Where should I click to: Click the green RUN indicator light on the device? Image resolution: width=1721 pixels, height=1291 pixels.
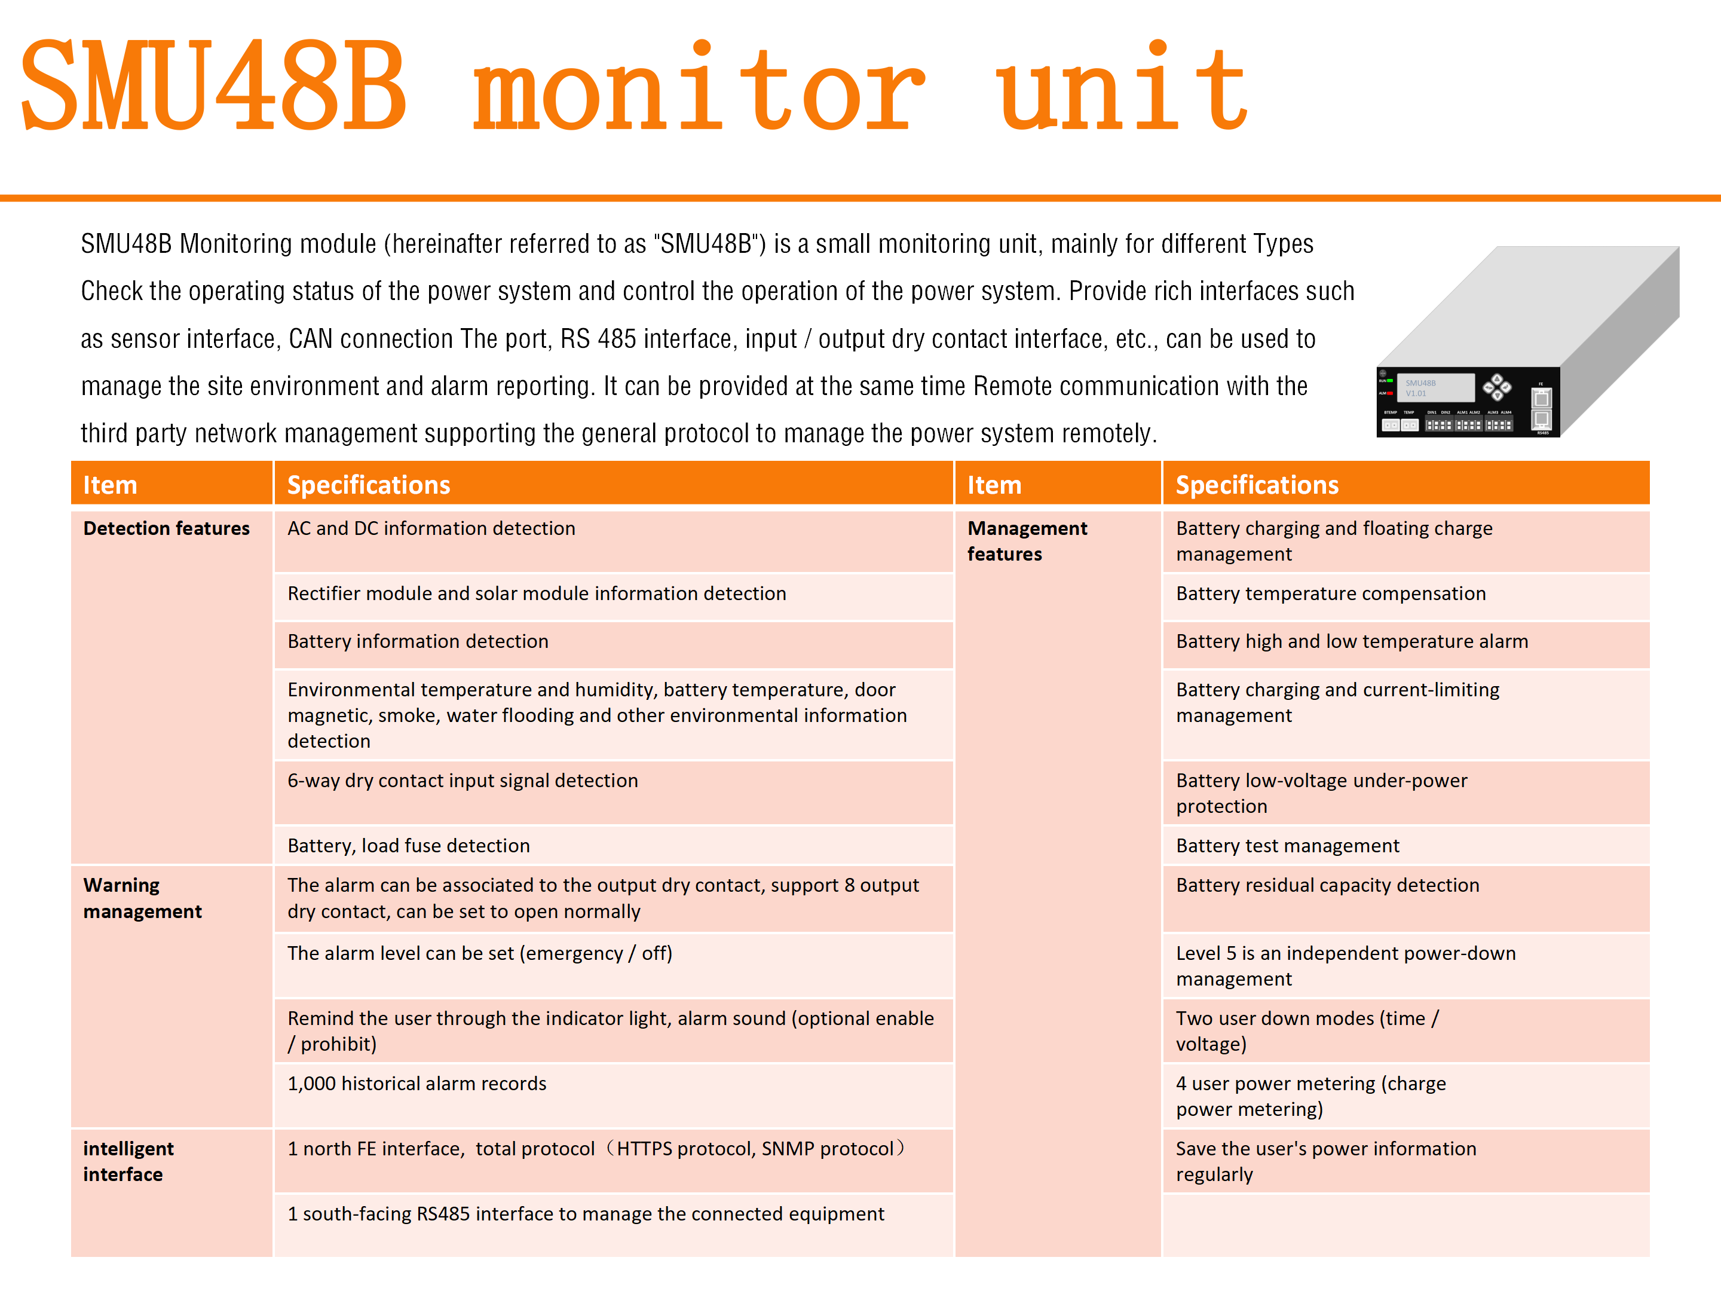pos(1389,381)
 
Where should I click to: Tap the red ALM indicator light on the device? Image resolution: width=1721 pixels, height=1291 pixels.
pos(1389,393)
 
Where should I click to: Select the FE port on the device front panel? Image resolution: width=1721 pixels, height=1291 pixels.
pos(1541,399)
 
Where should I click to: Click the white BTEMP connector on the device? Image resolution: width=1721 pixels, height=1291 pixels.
pos(1391,425)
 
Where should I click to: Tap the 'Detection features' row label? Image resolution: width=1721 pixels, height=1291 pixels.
pos(167,528)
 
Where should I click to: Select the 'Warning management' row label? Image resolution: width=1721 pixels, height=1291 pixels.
pos(142,898)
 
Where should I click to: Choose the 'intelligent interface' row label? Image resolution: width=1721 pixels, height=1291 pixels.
pos(128,1161)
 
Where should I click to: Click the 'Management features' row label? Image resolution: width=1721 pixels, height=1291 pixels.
pos(1027,541)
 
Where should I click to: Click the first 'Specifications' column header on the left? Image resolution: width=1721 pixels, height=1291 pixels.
pos(369,485)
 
